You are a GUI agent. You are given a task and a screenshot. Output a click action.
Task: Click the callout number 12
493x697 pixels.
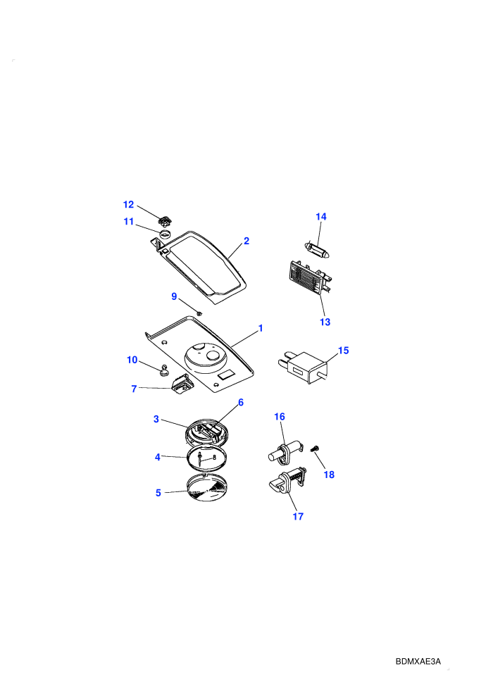click(x=128, y=204)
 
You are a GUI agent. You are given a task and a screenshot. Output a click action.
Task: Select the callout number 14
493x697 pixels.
click(x=321, y=216)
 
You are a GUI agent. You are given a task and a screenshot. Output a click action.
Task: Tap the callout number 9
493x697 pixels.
click(x=174, y=296)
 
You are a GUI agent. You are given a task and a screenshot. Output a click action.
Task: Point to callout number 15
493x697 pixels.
click(x=343, y=351)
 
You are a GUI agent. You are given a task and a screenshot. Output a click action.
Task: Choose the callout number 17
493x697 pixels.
click(x=298, y=516)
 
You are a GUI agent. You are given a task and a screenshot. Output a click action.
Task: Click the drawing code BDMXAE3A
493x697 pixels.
click(x=418, y=661)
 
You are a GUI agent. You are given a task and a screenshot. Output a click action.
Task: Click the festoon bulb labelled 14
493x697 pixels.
click(x=316, y=250)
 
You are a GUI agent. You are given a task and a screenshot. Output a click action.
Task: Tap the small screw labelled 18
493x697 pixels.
click(x=316, y=449)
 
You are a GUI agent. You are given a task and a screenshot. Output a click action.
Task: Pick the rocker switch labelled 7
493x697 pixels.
click(x=182, y=384)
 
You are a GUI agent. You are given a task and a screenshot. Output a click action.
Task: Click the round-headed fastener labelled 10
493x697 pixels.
click(x=164, y=370)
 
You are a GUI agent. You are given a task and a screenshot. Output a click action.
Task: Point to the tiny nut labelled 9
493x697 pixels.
click(x=199, y=314)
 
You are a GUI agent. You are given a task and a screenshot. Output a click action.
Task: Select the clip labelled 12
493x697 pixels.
click(x=166, y=220)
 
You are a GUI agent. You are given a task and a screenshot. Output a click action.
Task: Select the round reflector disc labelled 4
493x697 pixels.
click(x=207, y=458)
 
